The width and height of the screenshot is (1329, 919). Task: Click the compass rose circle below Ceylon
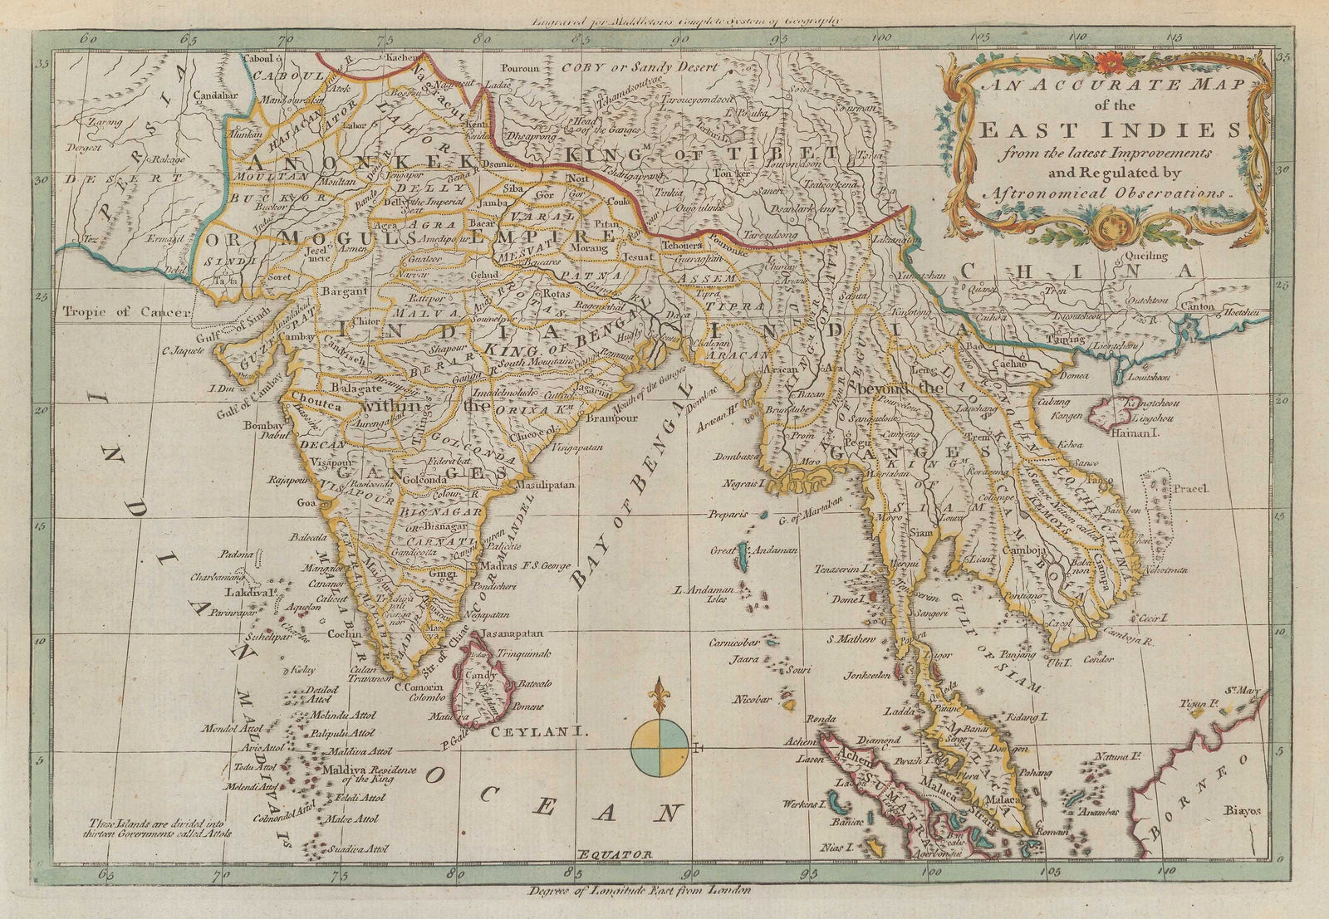(659, 748)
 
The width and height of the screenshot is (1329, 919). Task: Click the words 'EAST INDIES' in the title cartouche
(1110, 132)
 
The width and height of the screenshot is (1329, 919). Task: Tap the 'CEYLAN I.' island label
(527, 733)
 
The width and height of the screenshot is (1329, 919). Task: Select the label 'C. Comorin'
(414, 687)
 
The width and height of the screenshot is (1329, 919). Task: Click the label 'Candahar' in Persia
(215, 96)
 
